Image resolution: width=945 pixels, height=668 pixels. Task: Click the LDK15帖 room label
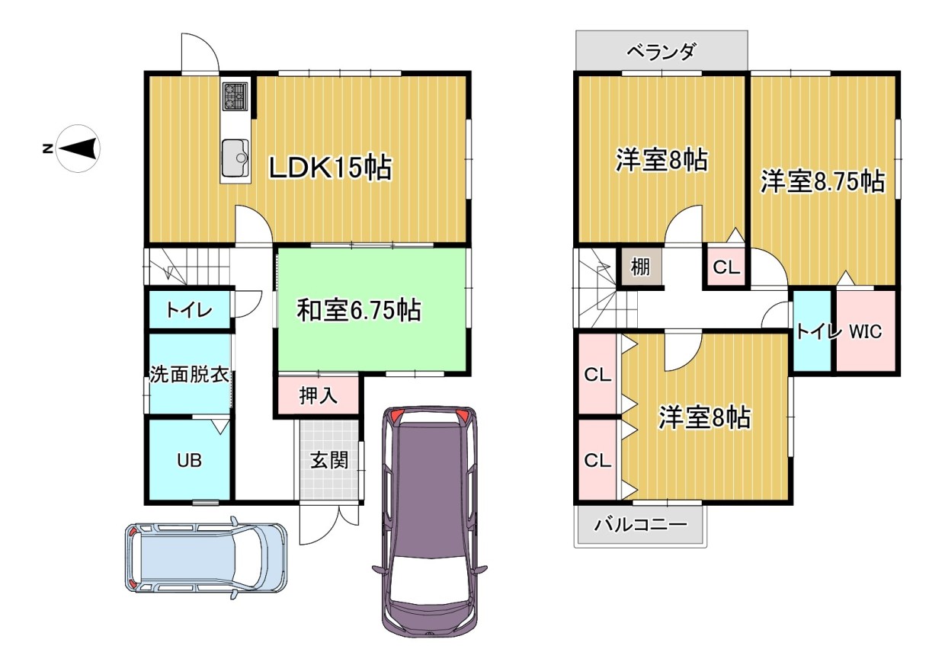point(331,168)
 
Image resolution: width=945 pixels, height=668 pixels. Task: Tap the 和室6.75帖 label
point(359,310)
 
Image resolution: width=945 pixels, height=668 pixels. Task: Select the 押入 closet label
point(318,395)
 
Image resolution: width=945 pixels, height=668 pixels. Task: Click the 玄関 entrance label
point(329,460)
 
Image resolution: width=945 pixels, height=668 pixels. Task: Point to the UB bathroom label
point(189,461)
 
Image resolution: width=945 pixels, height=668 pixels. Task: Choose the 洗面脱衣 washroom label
point(190,374)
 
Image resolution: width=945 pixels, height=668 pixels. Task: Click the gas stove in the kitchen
point(235,97)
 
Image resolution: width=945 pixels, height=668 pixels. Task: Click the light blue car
point(206,558)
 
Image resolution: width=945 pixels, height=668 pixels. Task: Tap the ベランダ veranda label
point(661,53)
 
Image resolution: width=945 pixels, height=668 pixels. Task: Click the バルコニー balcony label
point(641,525)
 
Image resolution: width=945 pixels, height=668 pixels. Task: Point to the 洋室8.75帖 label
point(823,182)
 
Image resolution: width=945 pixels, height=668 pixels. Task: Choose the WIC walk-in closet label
point(865,331)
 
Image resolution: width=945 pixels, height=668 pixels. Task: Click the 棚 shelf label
point(640,267)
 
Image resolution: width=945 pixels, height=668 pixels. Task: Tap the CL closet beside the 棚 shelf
point(726,267)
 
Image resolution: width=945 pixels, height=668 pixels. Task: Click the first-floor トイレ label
point(189,310)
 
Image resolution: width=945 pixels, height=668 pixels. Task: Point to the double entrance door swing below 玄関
point(328,526)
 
